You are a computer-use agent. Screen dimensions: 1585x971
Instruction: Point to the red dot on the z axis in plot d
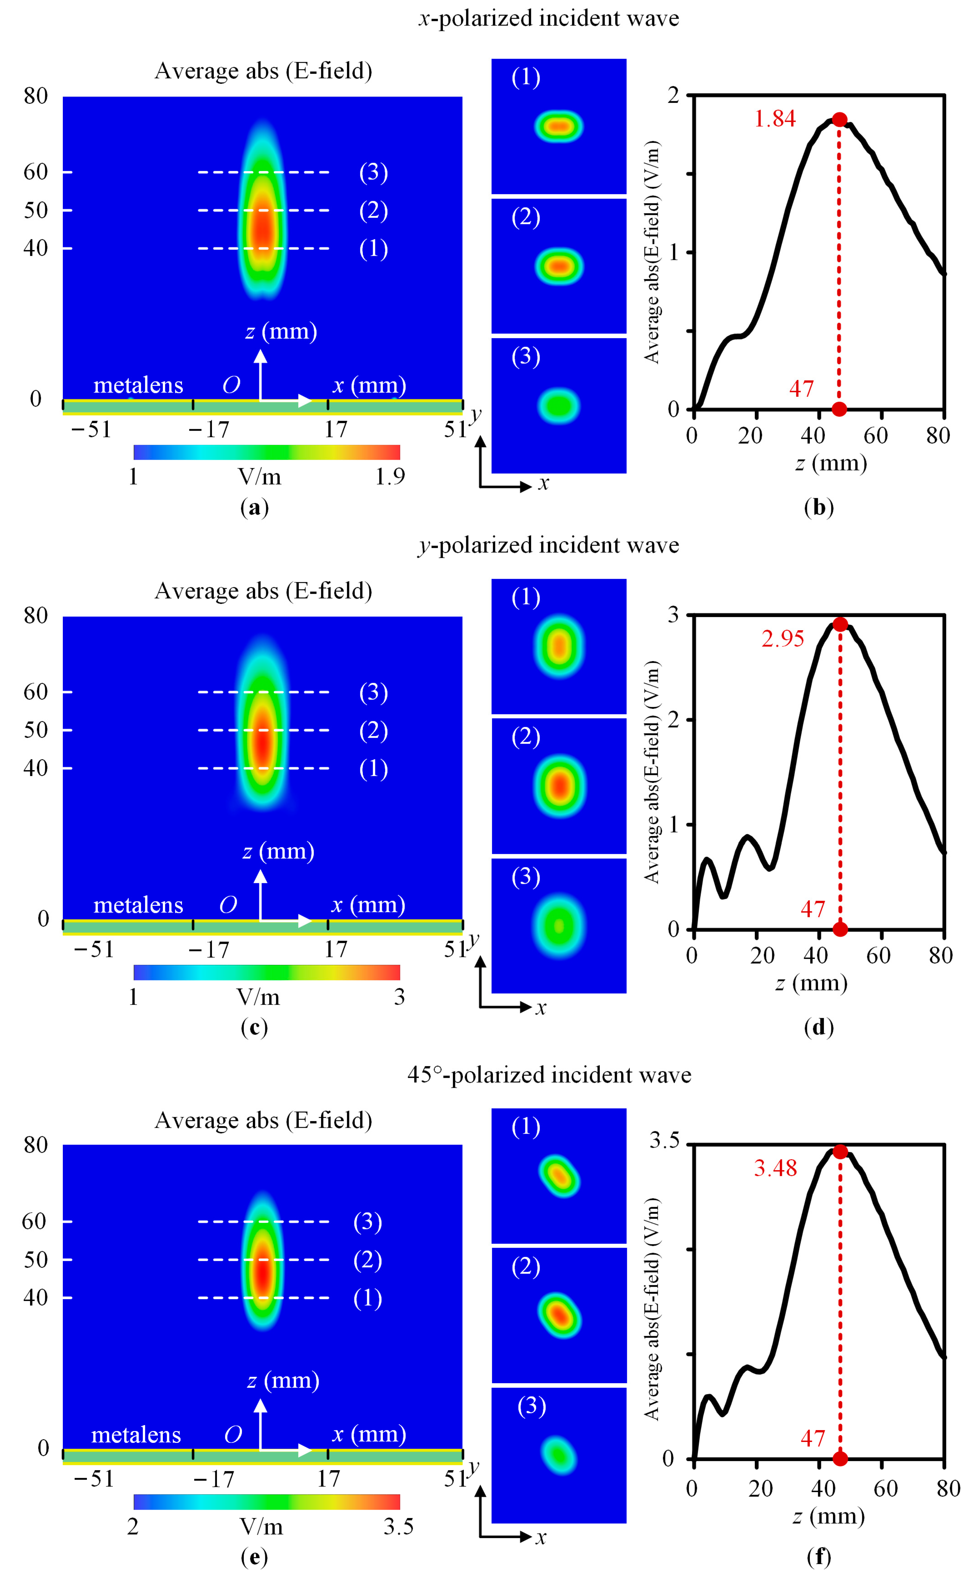click(840, 929)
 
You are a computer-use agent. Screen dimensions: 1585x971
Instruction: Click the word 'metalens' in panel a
click(138, 385)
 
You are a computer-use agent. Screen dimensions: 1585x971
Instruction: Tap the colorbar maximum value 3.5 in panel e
click(398, 1527)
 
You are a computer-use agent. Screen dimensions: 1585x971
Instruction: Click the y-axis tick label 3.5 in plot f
click(664, 1141)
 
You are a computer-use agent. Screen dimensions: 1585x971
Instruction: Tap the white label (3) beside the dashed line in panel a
click(373, 172)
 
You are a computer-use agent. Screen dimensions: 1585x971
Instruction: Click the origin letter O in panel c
click(228, 905)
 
